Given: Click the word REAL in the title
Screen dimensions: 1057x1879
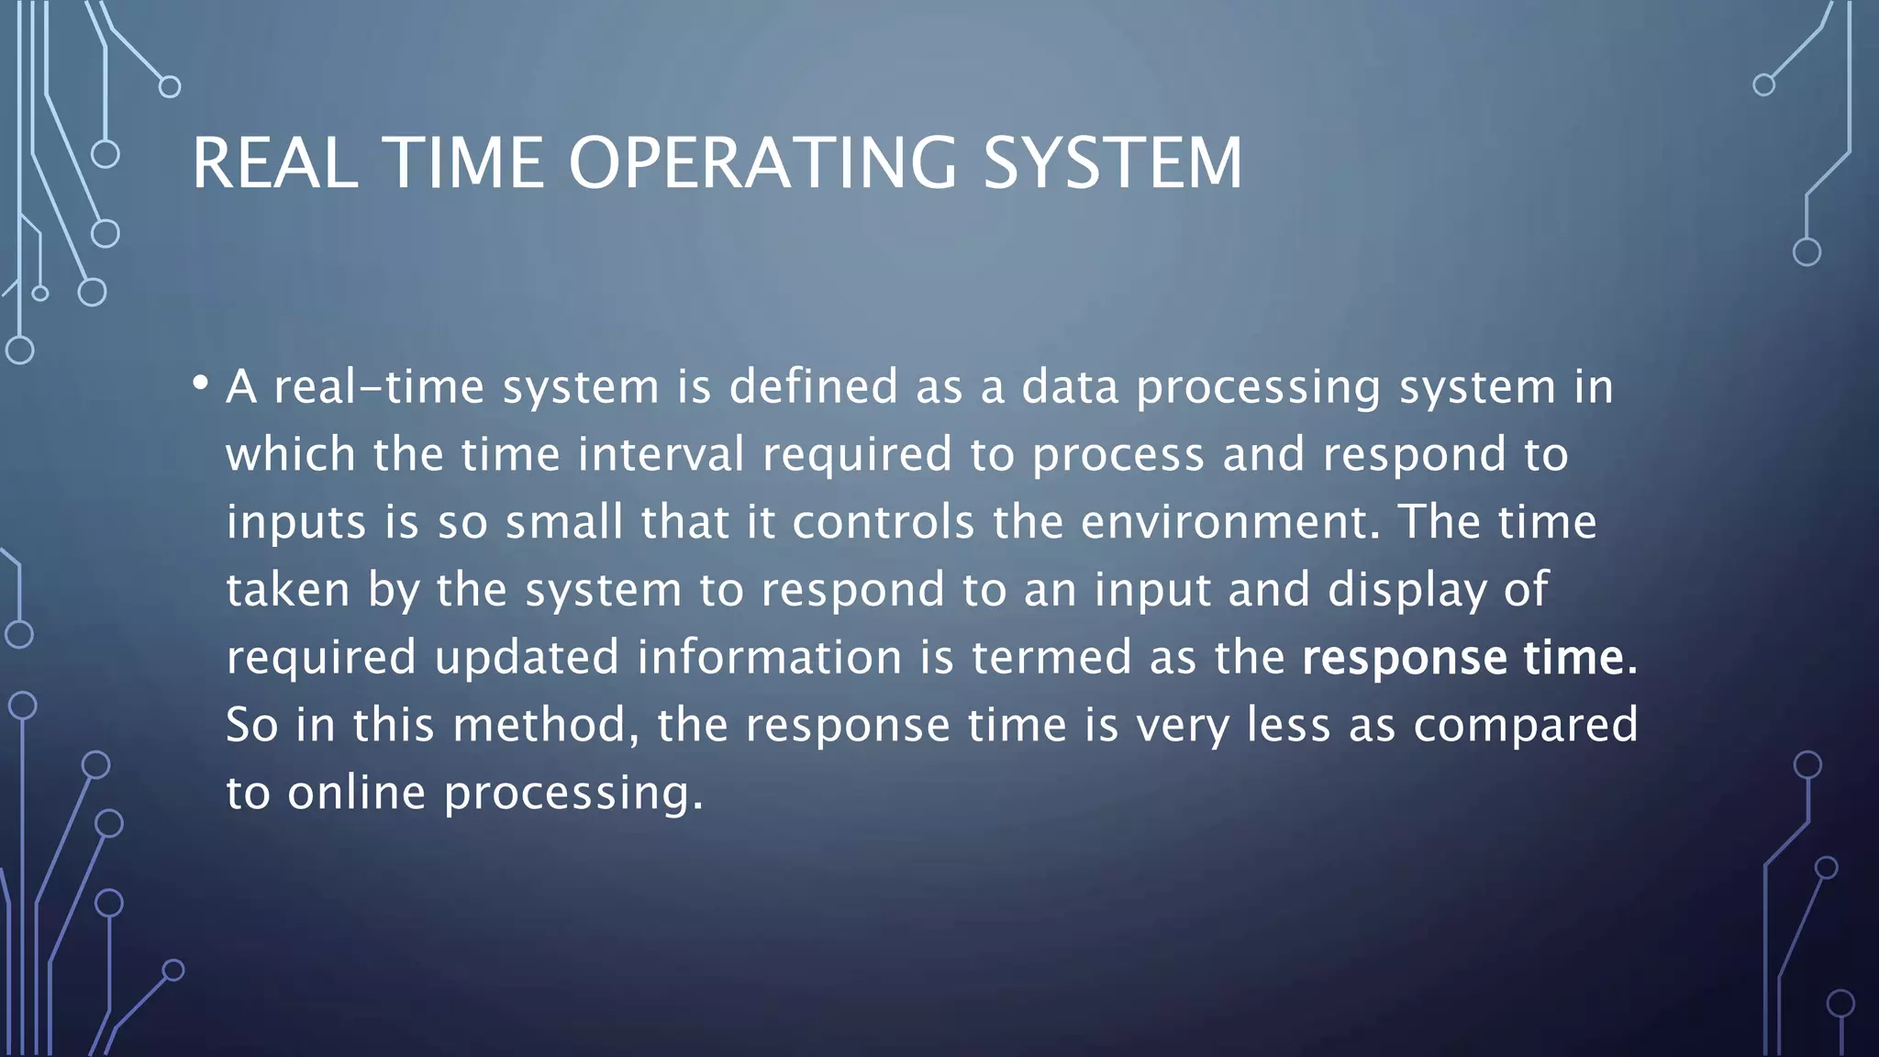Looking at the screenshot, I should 274,163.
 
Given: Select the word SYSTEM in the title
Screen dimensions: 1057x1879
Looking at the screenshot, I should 1112,163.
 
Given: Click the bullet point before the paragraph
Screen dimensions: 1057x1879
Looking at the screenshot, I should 200,384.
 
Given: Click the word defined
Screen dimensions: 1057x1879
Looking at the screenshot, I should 813,386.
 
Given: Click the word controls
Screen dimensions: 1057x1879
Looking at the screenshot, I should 883,522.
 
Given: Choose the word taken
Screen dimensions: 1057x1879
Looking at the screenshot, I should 288,590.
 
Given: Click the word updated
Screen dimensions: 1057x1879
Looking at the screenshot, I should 527,658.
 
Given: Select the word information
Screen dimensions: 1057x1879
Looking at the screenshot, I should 770,658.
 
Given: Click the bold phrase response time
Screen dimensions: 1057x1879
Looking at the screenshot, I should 1469,658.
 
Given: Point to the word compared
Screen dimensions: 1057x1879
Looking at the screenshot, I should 1525,726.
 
